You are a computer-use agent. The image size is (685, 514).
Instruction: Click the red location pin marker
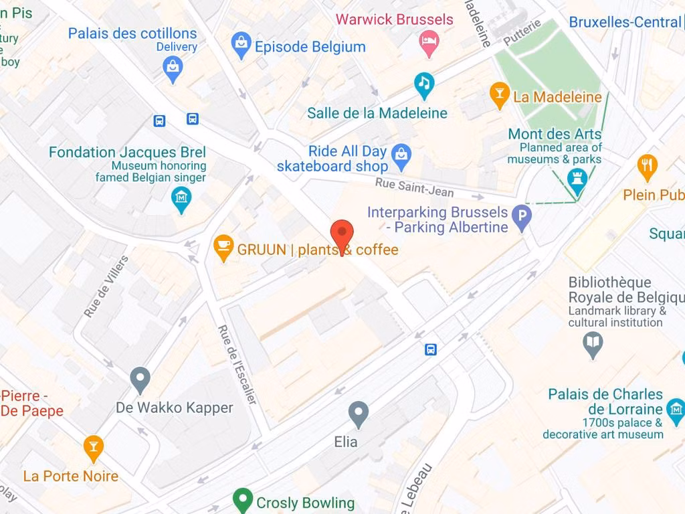pos(342,234)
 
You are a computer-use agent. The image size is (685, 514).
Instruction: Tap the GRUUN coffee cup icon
pos(223,247)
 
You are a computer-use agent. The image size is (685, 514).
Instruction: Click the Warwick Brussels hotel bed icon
pos(428,44)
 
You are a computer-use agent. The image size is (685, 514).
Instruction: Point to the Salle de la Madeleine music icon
pos(424,84)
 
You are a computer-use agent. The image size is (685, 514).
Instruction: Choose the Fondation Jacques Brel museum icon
pos(181,199)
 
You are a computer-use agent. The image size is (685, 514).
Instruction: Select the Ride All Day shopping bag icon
pos(401,155)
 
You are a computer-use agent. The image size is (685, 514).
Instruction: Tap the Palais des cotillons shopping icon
pos(173,68)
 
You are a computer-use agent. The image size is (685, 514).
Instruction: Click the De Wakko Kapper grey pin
pos(140,379)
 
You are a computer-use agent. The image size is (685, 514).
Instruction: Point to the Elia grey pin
pos(359,414)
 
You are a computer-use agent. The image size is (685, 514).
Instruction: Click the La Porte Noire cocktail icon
pos(93,448)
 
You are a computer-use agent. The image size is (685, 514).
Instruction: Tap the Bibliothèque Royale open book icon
pos(593,344)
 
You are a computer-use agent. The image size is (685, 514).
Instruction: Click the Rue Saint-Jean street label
pos(414,188)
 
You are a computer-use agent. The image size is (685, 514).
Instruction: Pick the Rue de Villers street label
pos(106,286)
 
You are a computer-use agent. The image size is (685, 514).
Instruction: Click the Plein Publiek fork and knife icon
pos(647,167)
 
